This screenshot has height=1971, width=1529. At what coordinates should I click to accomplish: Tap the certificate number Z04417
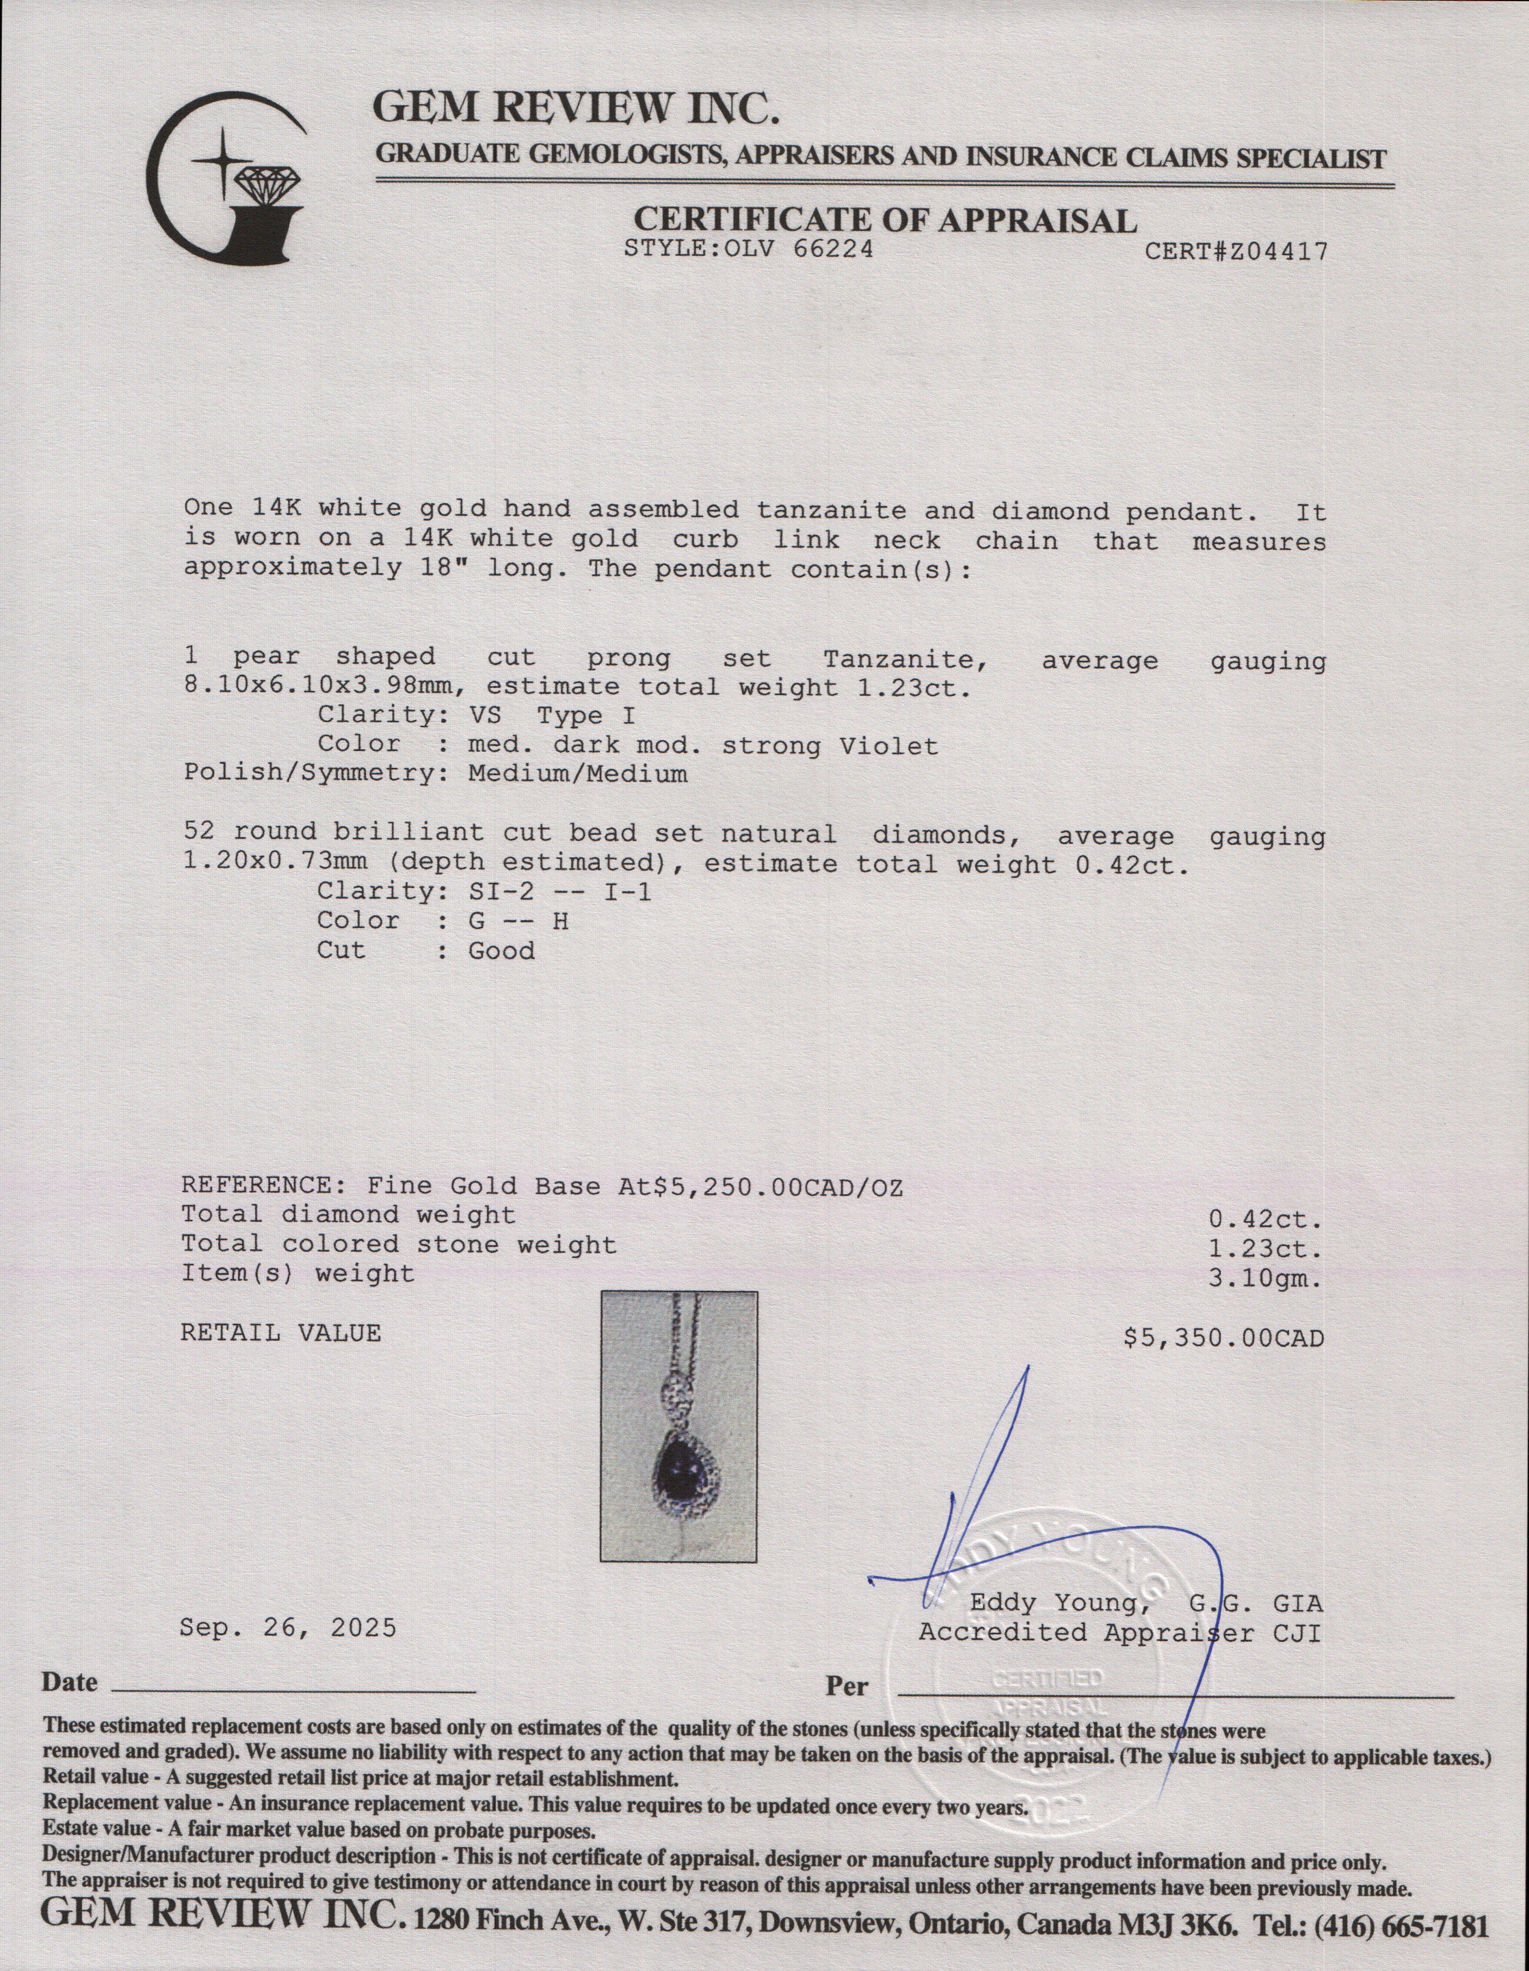(x=1274, y=252)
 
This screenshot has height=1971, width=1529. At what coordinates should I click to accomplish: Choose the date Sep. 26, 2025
(x=288, y=1627)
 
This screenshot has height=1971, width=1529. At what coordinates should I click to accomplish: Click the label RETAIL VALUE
(x=281, y=1333)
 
